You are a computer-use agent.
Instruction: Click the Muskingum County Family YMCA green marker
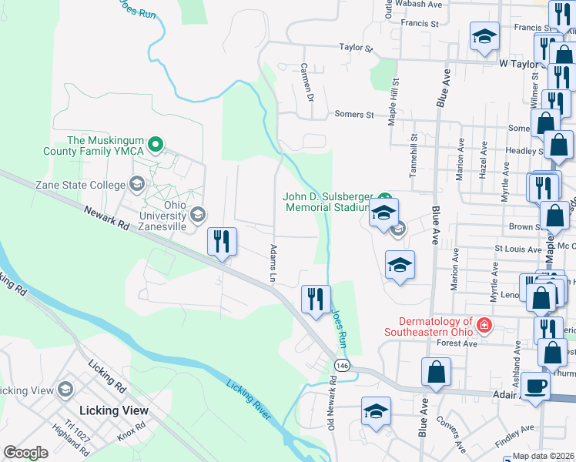[x=155, y=144]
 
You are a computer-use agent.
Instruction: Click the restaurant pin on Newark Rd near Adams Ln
[x=221, y=242]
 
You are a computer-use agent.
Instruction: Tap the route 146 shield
[x=340, y=363]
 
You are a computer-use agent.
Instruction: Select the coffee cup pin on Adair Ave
[x=535, y=385]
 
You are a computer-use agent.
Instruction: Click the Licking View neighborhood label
[x=114, y=410]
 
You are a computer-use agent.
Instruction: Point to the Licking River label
[x=249, y=397]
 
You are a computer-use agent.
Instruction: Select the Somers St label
[x=354, y=115]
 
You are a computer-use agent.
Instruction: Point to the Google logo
[x=26, y=452]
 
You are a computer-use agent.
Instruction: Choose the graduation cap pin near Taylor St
[x=484, y=36]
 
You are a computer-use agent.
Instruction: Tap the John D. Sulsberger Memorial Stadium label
[x=328, y=202]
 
